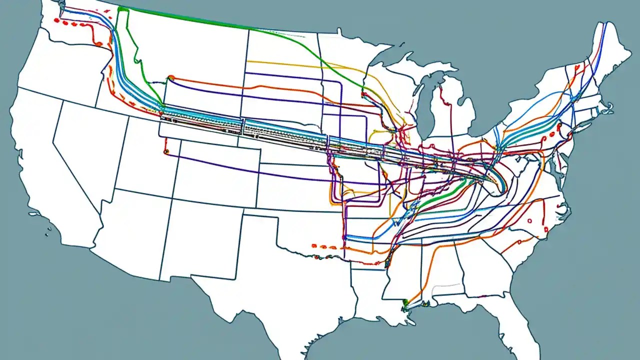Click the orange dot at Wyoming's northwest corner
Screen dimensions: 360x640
pyautogui.click(x=171, y=77)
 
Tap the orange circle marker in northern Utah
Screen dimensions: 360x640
pyautogui.click(x=166, y=150)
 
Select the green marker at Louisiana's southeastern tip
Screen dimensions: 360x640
pyautogui.click(x=405, y=302)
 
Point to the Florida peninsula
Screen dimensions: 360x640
pyautogui.click(x=520, y=320)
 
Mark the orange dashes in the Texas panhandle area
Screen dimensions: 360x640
pyautogui.click(x=322, y=246)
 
